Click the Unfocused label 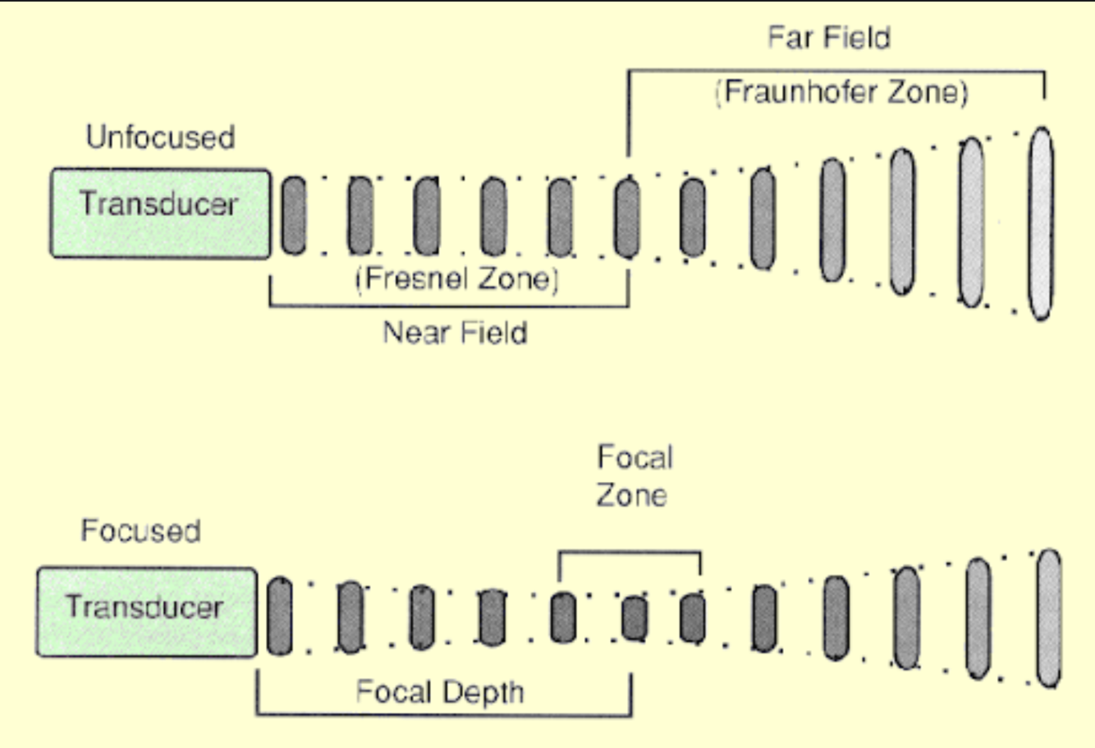click(x=160, y=137)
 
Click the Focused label click(x=140, y=530)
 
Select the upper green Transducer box click(x=160, y=213)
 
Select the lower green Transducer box click(x=146, y=612)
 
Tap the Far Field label click(x=829, y=38)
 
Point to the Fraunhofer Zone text click(x=841, y=91)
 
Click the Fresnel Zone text click(x=457, y=279)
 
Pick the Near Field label click(x=455, y=333)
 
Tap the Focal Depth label click(x=440, y=692)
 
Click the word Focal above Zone click(x=635, y=457)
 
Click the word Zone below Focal click(x=631, y=495)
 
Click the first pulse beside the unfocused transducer click(x=293, y=215)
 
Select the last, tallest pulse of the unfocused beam click(x=1041, y=223)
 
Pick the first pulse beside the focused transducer click(x=279, y=616)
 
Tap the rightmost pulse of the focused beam click(x=1048, y=618)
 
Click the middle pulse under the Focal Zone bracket click(x=634, y=618)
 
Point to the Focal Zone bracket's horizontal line click(x=630, y=553)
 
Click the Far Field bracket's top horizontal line click(x=836, y=72)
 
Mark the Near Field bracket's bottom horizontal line click(x=449, y=306)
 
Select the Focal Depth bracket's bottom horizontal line click(x=443, y=714)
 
